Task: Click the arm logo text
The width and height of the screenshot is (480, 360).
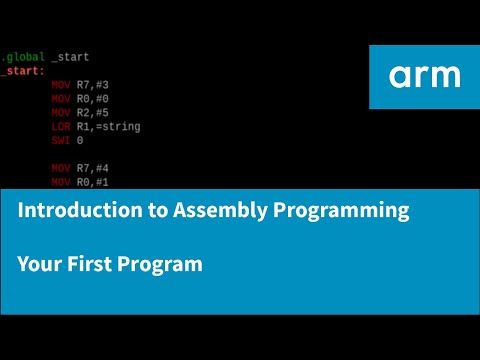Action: coord(425,76)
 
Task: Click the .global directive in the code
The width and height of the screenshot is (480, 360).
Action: coord(22,57)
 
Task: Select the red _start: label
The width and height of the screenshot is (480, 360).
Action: coord(22,71)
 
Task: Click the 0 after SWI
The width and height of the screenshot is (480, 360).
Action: coord(80,141)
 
